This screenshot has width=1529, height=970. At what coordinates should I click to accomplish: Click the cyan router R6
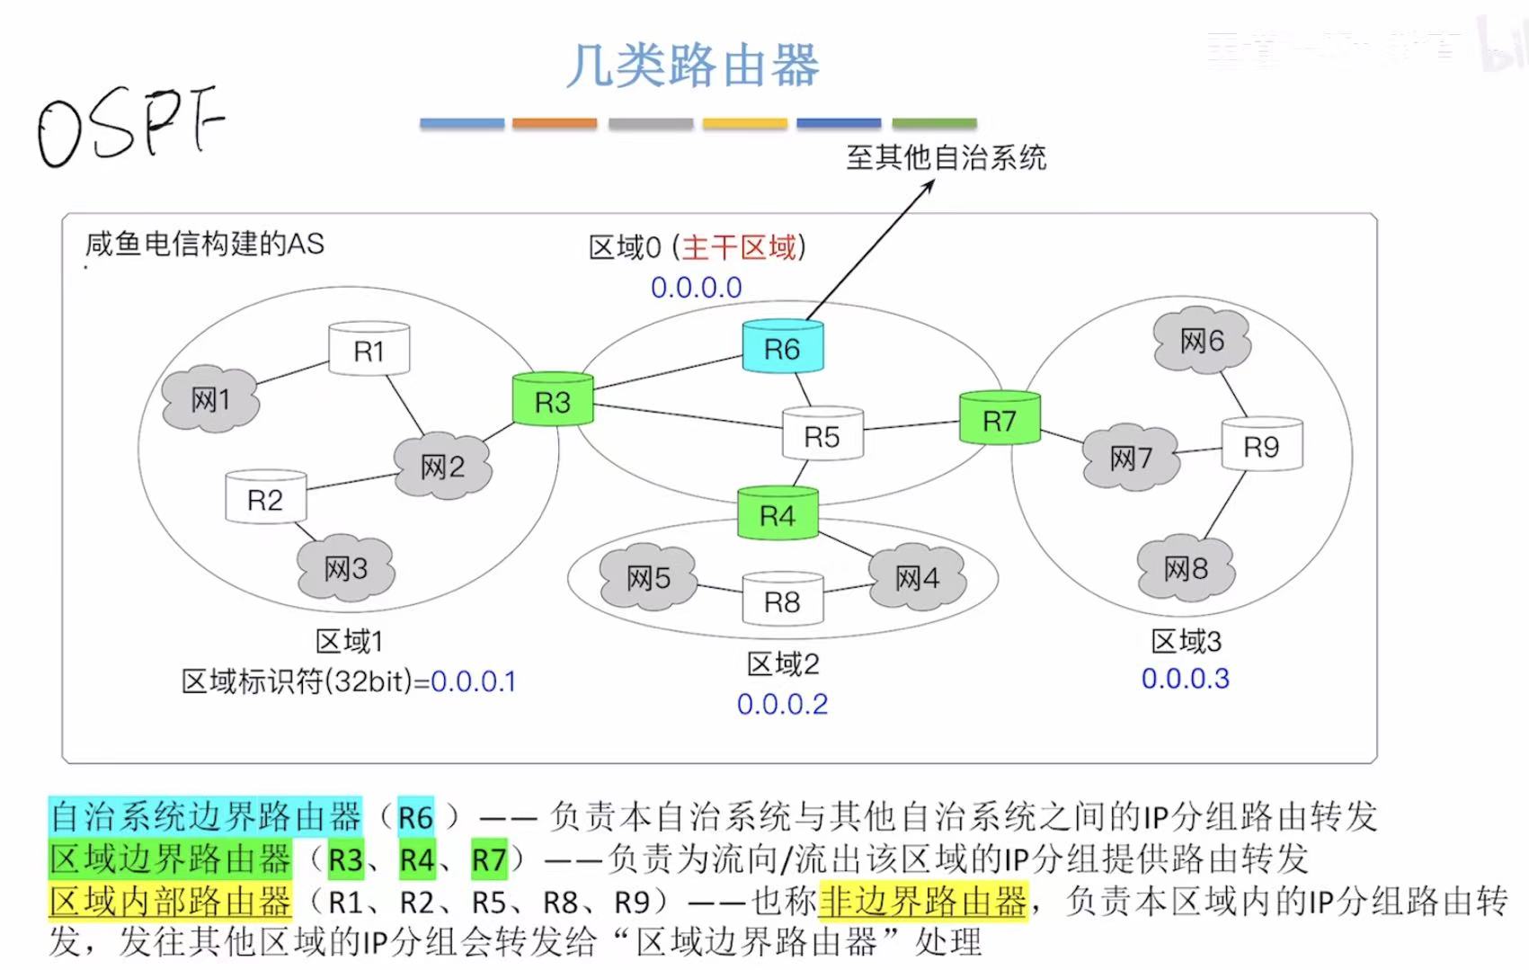pos(782,348)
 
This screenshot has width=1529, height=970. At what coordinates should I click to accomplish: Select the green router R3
pos(552,401)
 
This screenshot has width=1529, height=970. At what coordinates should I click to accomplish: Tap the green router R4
pos(778,514)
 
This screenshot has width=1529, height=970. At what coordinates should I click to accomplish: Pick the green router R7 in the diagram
pos(999,419)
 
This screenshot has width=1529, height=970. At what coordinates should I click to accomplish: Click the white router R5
pos(822,436)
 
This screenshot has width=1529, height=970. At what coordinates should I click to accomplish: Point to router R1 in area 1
pos(369,350)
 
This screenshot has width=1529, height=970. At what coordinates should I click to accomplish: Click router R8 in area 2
pos(782,601)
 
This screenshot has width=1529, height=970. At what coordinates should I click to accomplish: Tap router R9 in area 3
pos(1261,446)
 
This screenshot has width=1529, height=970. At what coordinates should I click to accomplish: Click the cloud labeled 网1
pos(210,399)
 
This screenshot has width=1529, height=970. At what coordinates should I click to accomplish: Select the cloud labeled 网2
pos(442,466)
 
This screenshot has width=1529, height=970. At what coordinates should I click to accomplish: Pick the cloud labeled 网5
pos(648,577)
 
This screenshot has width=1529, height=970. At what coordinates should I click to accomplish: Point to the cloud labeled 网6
pos(1202,341)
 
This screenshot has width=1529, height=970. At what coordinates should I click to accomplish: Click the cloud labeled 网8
pos(1186,568)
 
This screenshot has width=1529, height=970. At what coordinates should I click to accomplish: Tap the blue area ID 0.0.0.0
pos(697,288)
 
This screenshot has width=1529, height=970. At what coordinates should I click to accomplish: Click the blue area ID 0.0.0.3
pos(1185,679)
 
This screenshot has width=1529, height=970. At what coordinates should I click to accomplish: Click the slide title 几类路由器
pos(693,66)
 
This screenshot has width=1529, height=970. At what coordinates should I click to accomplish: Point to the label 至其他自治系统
pos(946,158)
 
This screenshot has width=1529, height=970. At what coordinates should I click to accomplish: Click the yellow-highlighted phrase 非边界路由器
pos(922,900)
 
